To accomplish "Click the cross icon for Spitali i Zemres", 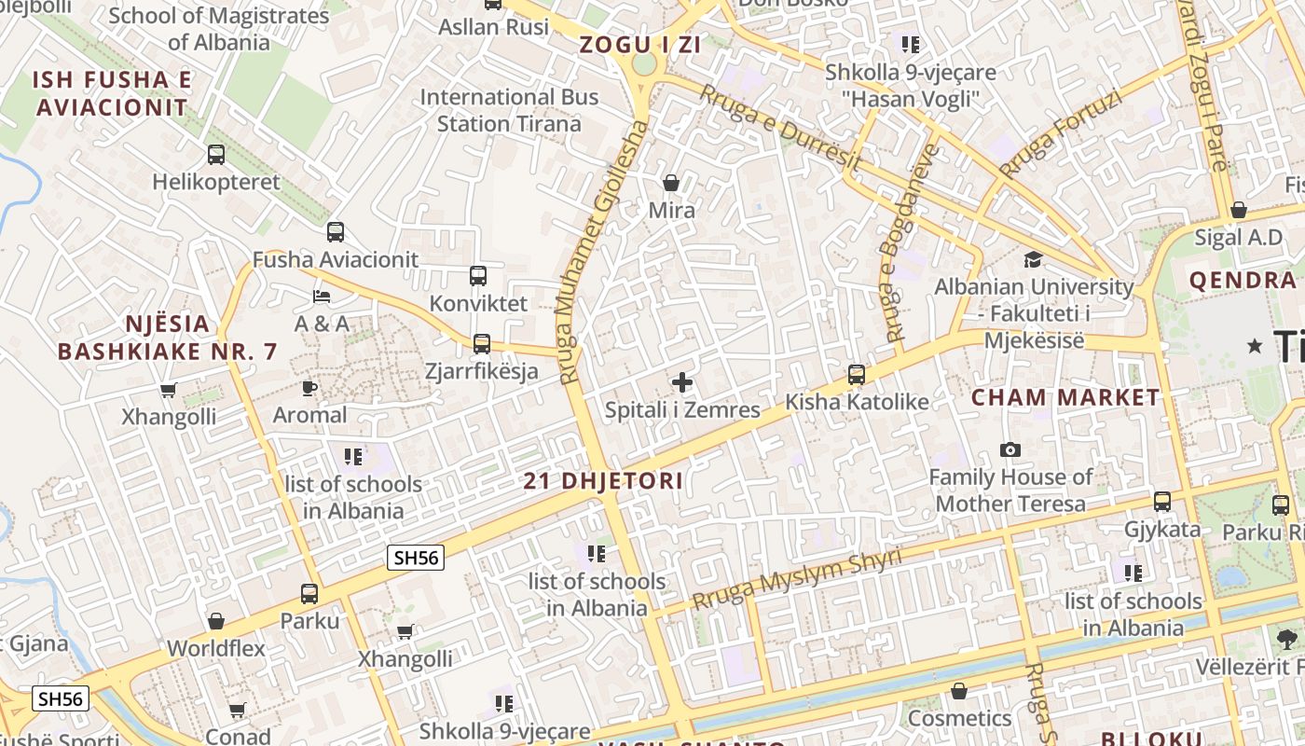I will tap(682, 382).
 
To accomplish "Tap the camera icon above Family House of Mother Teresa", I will tap(1010, 450).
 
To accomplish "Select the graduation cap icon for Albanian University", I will tap(1033, 259).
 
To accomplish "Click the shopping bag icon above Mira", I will tap(670, 183).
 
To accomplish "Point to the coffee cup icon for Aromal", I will tap(309, 388).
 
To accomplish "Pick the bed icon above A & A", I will tap(322, 297).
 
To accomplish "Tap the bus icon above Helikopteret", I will tap(216, 155).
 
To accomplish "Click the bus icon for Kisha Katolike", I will tap(856, 375).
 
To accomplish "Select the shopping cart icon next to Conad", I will tap(238, 711).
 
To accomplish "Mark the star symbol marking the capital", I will tap(1255, 346).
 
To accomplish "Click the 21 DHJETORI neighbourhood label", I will tap(603, 481).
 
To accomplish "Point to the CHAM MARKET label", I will tap(1065, 397).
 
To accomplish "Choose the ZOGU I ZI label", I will tap(639, 44).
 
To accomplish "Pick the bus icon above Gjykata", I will tap(1162, 502).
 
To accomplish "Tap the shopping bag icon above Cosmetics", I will tap(958, 691).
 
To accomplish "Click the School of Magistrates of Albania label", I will tap(219, 29).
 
